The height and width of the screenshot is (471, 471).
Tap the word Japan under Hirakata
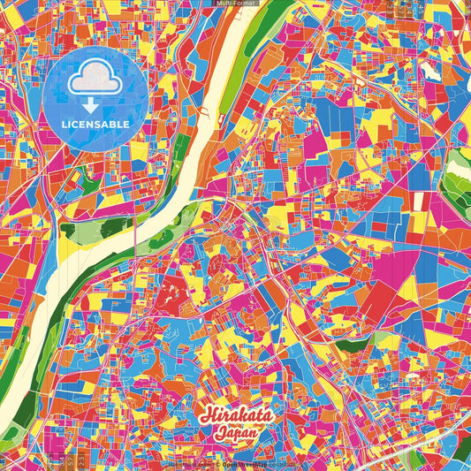coord(235,434)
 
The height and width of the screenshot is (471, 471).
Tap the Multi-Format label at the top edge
coord(235,4)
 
